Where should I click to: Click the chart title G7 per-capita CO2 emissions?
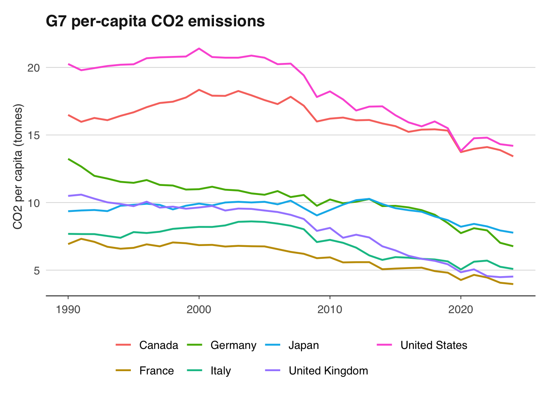click(155, 21)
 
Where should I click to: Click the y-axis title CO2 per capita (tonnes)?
click(18, 167)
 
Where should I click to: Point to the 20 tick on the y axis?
click(33, 67)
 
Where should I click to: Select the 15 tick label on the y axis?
click(33, 135)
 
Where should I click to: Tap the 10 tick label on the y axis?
click(33, 203)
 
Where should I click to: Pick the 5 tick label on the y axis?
click(36, 270)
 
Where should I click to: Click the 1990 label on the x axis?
click(68, 309)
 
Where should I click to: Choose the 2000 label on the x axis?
click(199, 309)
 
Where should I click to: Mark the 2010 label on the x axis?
click(330, 309)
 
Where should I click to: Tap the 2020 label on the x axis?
click(461, 309)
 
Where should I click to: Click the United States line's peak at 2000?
click(199, 49)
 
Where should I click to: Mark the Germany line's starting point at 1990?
click(68, 159)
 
